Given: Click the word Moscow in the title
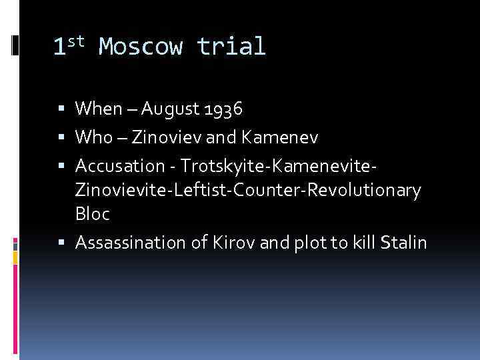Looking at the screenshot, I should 139,47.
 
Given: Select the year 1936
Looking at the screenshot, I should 223,108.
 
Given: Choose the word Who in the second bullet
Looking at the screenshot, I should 93,137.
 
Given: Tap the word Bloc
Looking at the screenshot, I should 93,215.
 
